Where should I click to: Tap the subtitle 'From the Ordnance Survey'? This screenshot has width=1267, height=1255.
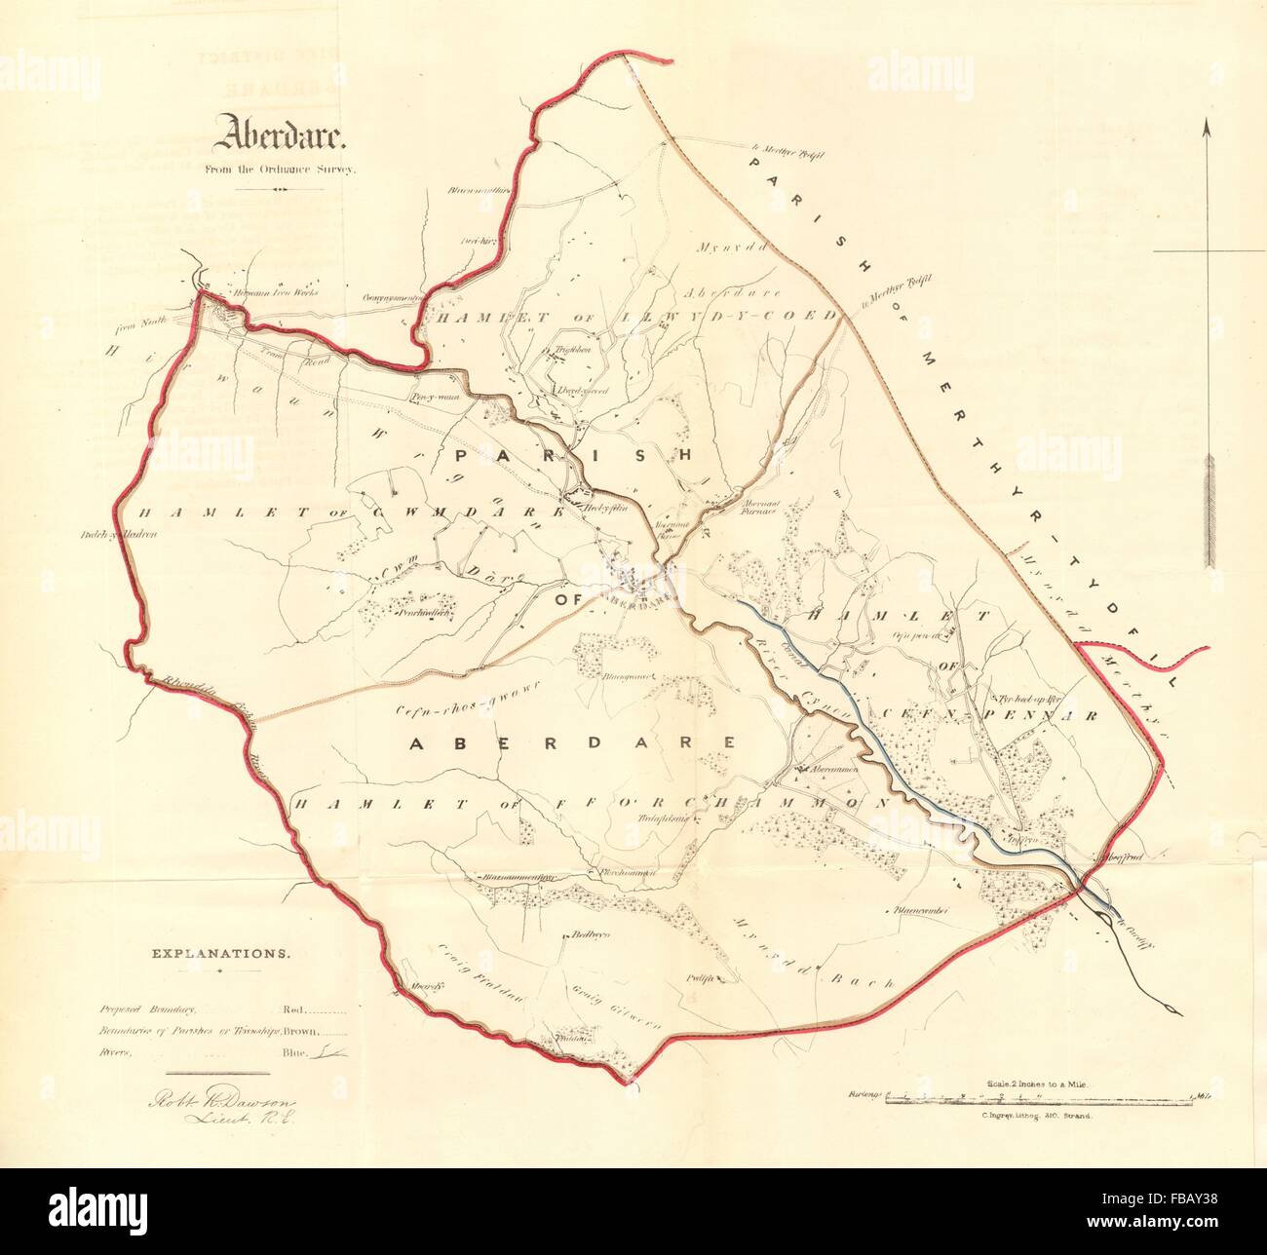pyautogui.click(x=281, y=169)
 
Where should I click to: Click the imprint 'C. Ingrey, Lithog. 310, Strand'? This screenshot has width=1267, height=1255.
pyautogui.click(x=1039, y=1118)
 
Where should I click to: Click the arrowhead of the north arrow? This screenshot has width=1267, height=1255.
pyautogui.click(x=1207, y=127)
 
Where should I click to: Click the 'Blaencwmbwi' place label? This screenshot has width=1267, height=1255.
pyautogui.click(x=920, y=912)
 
